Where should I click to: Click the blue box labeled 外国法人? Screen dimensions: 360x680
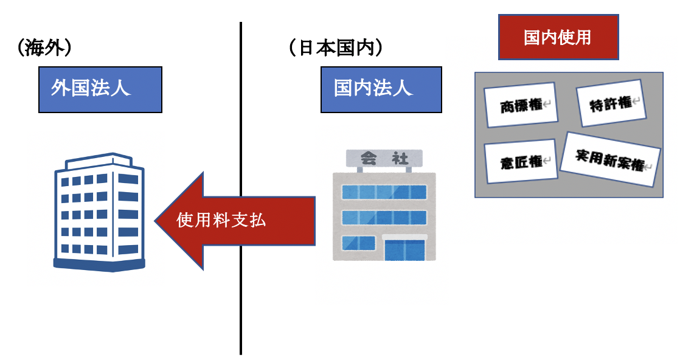point(100,89)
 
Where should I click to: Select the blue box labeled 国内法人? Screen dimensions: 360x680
point(381,89)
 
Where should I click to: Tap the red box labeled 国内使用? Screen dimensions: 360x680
point(558,37)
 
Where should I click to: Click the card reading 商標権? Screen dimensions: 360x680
point(521,106)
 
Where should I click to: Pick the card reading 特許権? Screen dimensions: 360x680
point(610,104)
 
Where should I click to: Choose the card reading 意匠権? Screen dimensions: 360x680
point(521,161)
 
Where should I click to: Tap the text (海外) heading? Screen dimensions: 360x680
point(46,49)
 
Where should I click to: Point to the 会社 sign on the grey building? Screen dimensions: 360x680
point(384,159)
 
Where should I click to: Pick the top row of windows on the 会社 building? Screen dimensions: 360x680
point(384,192)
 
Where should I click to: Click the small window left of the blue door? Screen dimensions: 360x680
point(358,243)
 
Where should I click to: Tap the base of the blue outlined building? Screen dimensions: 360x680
point(100,264)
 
